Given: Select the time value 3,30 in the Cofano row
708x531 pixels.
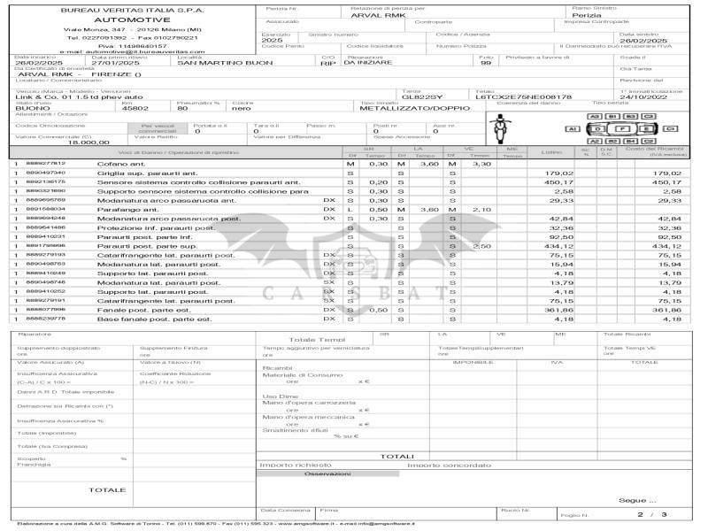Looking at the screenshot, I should [481, 165].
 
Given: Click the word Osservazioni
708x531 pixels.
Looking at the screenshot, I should [327, 473].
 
